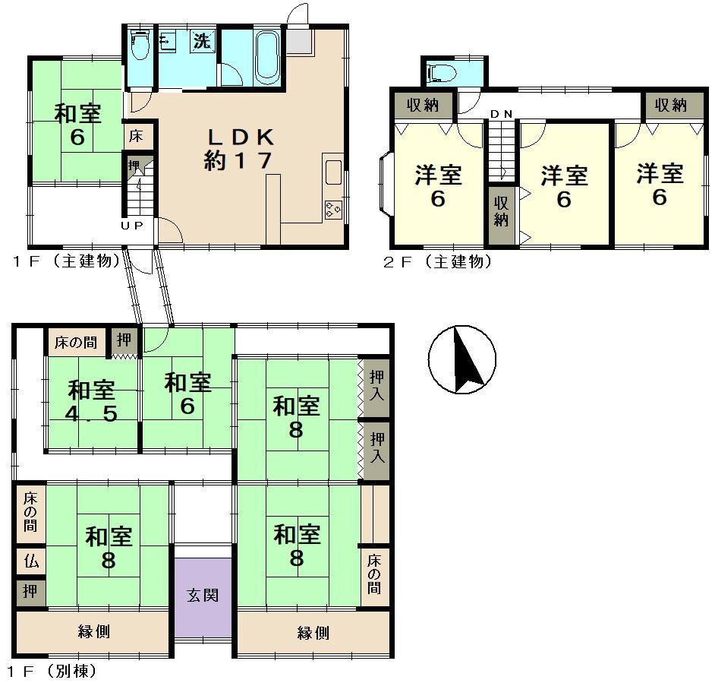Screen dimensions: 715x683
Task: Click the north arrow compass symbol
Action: pyautogui.click(x=462, y=360)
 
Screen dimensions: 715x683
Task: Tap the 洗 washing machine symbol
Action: pyautogui.click(x=203, y=40)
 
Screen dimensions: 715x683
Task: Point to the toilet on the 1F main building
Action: pyautogui.click(x=140, y=44)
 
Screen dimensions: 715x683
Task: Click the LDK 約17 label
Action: pyautogui.click(x=239, y=148)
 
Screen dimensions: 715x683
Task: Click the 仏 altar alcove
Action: pyautogui.click(x=31, y=561)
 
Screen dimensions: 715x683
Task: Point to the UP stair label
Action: pyautogui.click(x=132, y=225)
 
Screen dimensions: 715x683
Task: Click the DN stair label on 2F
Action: pyautogui.click(x=501, y=114)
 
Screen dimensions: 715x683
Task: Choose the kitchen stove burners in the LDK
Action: pyautogui.click(x=333, y=209)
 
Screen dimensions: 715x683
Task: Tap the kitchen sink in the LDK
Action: pyautogui.click(x=333, y=172)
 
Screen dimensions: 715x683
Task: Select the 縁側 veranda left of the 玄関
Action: pyautogui.click(x=93, y=632)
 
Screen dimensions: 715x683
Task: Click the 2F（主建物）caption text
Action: pyautogui.click(x=438, y=261)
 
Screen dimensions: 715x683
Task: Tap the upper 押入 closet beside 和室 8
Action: pyautogui.click(x=376, y=387)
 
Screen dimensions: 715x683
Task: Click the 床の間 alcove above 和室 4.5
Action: pyautogui.click(x=76, y=343)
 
